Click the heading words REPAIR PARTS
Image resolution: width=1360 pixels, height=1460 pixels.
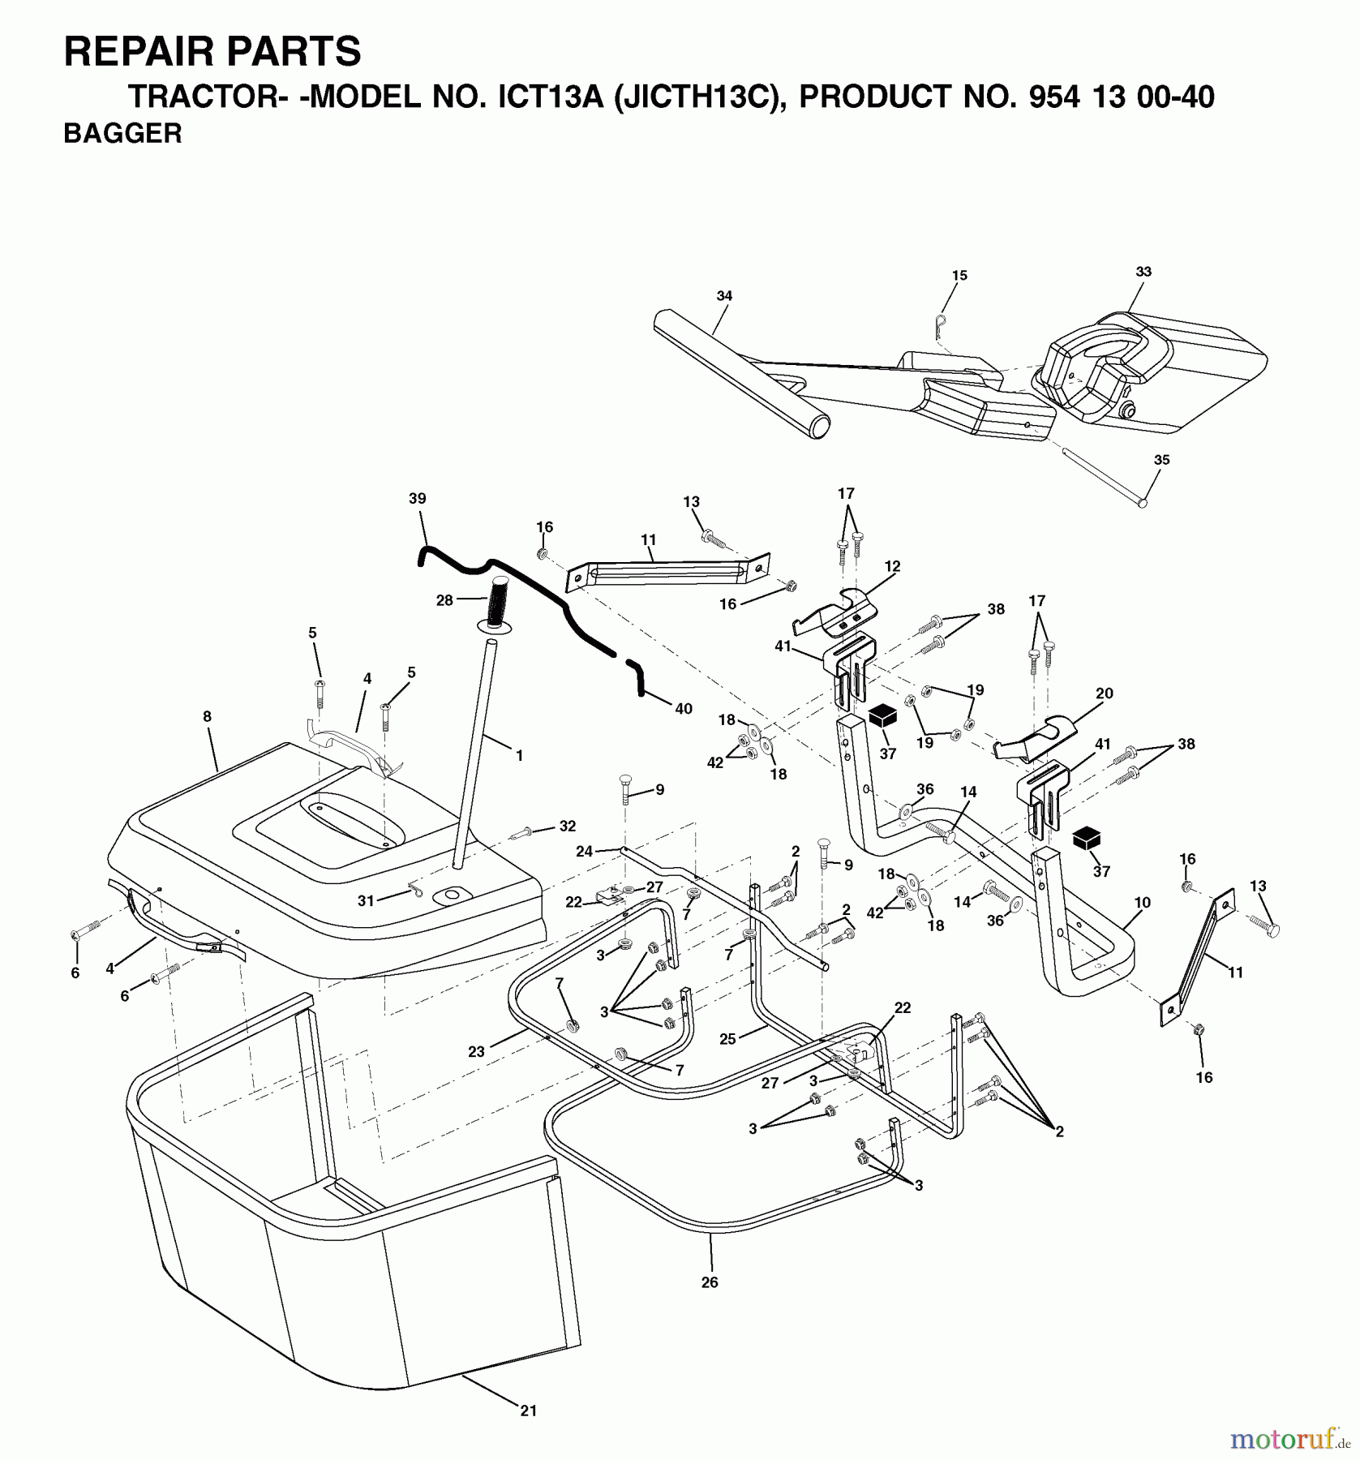click(x=212, y=52)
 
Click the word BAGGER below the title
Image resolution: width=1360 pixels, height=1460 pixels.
click(x=122, y=134)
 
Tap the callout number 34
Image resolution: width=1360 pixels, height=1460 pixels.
click(x=724, y=296)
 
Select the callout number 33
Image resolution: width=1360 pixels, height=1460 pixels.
click(x=1143, y=272)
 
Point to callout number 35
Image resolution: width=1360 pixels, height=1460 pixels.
click(x=1161, y=460)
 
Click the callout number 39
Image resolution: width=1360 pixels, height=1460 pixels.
click(x=418, y=499)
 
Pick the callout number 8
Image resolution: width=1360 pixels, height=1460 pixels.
click(x=207, y=717)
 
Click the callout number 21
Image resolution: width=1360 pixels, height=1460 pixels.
click(x=528, y=1411)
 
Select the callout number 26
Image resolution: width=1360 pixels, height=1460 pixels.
click(x=710, y=1282)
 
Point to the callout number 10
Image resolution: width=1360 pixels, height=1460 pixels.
click(x=1142, y=903)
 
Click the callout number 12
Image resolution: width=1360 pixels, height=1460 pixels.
click(x=892, y=567)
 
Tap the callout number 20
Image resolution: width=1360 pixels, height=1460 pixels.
click(x=1104, y=693)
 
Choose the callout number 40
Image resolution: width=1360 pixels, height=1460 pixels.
click(x=683, y=709)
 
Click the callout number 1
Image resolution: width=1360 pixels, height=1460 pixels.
click(x=519, y=756)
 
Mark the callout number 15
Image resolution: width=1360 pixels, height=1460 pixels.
click(x=959, y=276)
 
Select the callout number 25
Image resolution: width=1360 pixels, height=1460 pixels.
click(x=727, y=1040)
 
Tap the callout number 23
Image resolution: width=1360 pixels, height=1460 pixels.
click(x=476, y=1052)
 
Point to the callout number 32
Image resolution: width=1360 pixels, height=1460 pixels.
click(x=567, y=827)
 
